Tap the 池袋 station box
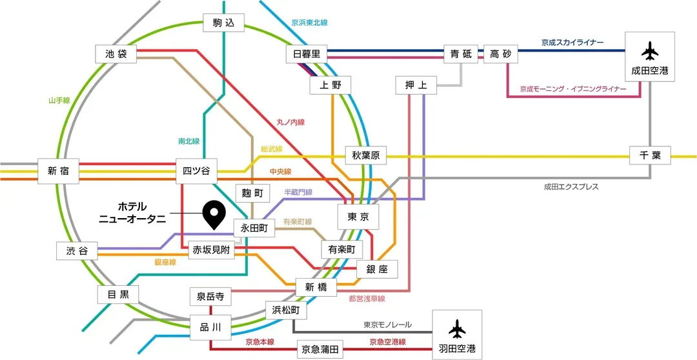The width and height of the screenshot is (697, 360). [116, 54]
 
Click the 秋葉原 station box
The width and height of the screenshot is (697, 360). [366, 155]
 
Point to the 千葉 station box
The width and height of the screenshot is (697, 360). [651, 155]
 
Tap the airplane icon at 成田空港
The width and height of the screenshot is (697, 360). [650, 50]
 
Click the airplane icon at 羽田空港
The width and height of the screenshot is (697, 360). [457, 329]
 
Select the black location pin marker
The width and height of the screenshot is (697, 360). [213, 214]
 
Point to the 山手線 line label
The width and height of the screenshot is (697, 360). [59, 101]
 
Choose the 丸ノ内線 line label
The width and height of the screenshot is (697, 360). [290, 122]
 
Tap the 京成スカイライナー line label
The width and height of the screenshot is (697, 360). [572, 43]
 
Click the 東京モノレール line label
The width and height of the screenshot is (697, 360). [387, 325]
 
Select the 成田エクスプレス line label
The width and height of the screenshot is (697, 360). [571, 187]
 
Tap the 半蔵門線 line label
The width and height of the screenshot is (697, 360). [298, 192]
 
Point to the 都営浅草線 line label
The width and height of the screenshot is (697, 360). [367, 299]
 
